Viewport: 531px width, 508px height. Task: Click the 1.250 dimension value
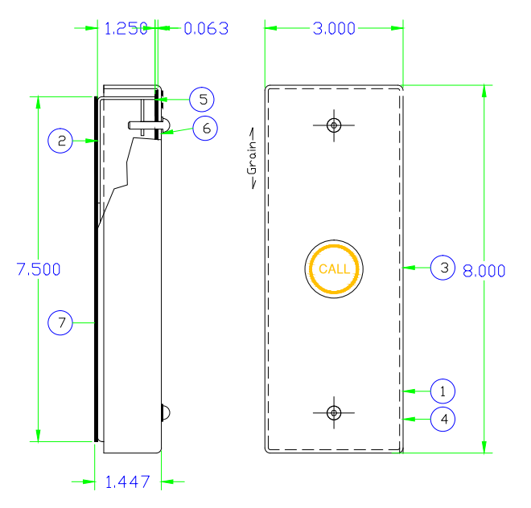pos(126,29)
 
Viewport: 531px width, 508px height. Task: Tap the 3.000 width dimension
pos(334,29)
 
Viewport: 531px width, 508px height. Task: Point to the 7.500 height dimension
pos(39,270)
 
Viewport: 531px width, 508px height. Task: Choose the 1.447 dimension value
pos(128,482)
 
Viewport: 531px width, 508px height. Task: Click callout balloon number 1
pos(442,391)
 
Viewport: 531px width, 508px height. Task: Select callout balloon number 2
pos(60,141)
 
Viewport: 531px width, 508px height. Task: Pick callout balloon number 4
pos(442,419)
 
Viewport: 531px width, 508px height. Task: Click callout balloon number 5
pos(203,99)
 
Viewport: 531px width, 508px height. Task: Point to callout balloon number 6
pos(205,128)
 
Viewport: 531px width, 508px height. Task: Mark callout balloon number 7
pos(60,322)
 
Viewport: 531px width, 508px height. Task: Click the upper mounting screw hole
pos(335,125)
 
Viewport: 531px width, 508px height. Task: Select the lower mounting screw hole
pos(335,412)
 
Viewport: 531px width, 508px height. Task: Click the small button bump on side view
pos(167,412)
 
